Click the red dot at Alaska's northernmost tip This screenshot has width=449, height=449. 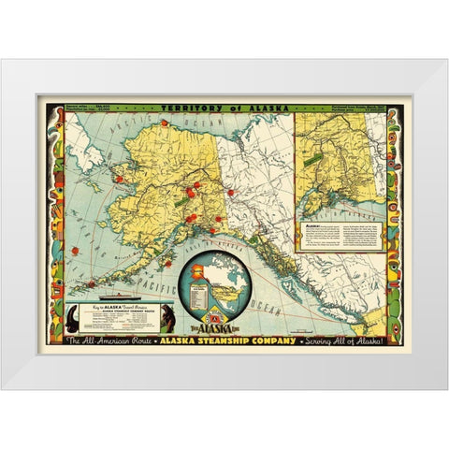(x=164, y=123)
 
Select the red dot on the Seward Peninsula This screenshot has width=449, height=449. (x=120, y=178)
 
